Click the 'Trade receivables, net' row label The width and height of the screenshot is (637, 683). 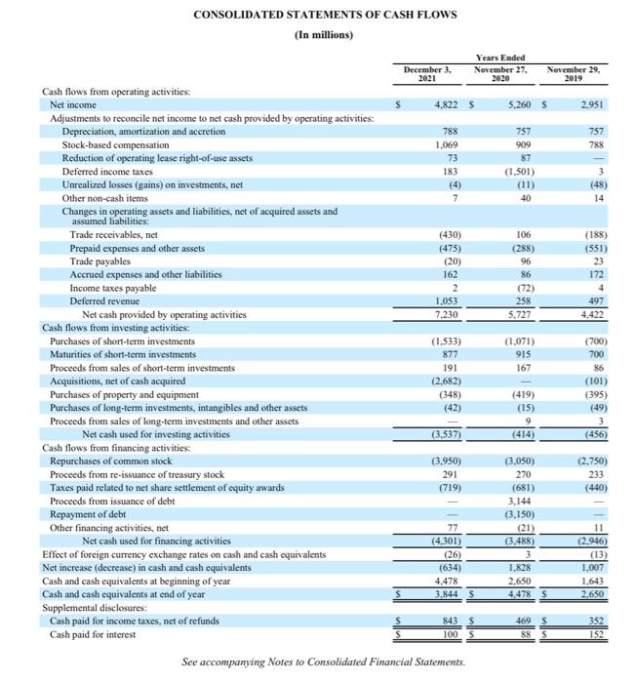pos(114,235)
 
